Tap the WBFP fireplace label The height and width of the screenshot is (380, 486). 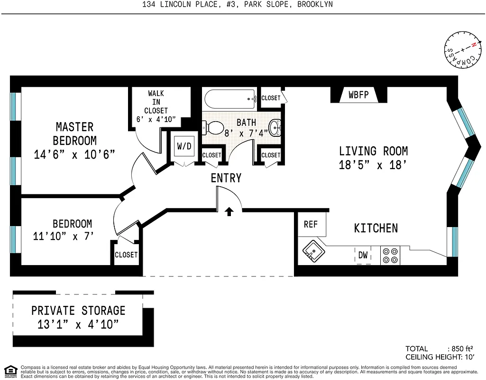358,95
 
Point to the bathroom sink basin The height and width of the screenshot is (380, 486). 275,127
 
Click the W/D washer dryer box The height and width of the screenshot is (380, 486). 184,146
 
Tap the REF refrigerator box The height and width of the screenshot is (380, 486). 311,224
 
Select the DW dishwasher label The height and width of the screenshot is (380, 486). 363,256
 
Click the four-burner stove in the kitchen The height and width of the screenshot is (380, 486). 390,255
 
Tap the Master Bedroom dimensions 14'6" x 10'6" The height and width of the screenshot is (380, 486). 74,155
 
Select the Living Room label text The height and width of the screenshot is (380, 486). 373,152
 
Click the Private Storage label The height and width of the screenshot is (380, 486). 78,311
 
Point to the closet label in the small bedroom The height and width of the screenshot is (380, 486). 126,255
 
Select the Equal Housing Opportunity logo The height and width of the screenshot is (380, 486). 10,371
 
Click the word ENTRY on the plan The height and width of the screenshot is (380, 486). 226,178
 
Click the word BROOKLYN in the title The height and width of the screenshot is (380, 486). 315,5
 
